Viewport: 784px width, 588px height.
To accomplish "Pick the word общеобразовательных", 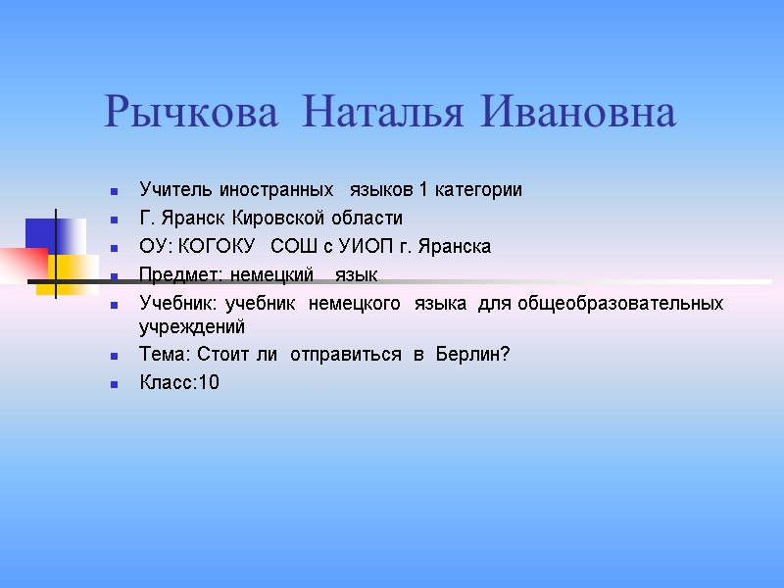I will point(621,304).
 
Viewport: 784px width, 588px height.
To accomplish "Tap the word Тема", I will point(162,354).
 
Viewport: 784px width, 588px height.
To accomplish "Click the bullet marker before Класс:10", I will point(116,383).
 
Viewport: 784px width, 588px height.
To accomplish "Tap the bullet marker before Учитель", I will point(116,190).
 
